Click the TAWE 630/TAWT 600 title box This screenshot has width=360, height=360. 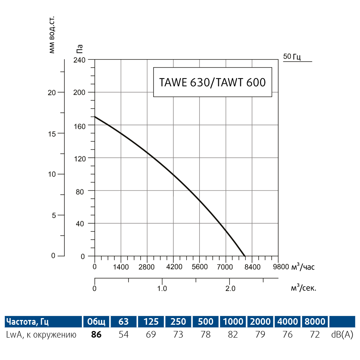point(212,82)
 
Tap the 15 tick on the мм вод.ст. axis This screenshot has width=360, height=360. point(52,133)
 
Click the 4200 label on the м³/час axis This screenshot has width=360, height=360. point(174,267)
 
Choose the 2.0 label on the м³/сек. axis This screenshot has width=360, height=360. point(230,288)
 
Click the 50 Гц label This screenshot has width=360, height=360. point(292,57)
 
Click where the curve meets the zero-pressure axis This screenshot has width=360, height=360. point(245,256)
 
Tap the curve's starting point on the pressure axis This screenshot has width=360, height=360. point(95,117)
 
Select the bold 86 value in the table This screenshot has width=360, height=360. point(96,334)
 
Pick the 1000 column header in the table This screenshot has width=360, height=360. point(233,322)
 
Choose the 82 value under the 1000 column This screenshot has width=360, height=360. point(233,334)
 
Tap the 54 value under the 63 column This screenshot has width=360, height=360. point(124,334)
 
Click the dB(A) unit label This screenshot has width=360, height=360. point(342,334)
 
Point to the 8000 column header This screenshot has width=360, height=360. point(314,322)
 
